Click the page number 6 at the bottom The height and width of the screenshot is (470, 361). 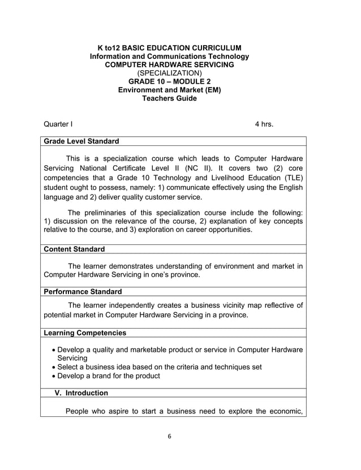pos(169,437)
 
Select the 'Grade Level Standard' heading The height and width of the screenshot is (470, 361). pos(81,141)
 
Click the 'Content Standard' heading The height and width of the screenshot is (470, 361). pos(74,249)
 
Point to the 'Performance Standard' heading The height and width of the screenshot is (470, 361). pos(83,291)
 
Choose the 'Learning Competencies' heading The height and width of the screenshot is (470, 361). pos(85,333)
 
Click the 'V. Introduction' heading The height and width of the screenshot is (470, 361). pos(81,393)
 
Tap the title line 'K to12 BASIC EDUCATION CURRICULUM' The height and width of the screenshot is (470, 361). pos(169,48)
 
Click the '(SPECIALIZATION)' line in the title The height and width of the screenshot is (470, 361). pos(169,73)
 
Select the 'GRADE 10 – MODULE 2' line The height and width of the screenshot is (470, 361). pos(169,81)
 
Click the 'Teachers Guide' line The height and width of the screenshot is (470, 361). pos(169,98)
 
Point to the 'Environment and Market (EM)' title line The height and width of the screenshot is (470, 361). pos(169,90)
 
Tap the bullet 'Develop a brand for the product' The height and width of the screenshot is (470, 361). pos(109,376)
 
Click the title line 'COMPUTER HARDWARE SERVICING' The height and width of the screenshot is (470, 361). pos(169,64)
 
